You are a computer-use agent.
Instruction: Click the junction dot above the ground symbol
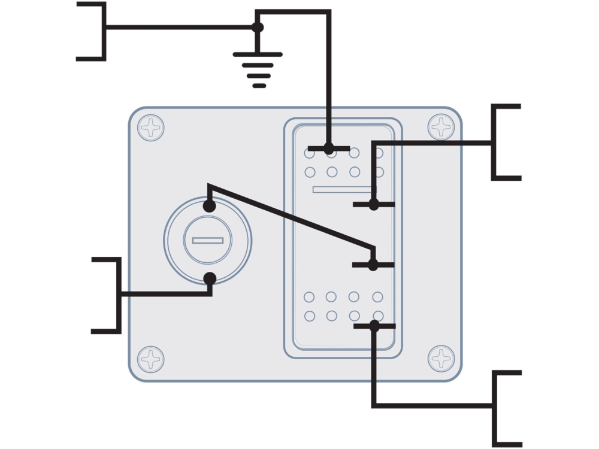click(258, 27)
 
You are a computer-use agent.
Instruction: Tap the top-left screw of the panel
click(151, 128)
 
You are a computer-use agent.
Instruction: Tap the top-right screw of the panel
click(441, 127)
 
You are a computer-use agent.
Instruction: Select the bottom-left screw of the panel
click(151, 359)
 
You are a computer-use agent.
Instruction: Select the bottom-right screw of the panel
click(441, 358)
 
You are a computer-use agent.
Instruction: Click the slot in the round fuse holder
click(208, 241)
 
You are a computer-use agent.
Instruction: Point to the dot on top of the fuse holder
click(209, 206)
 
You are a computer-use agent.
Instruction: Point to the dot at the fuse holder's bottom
click(210, 278)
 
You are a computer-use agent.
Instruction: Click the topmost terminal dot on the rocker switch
click(329, 148)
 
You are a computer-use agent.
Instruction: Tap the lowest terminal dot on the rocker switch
click(374, 326)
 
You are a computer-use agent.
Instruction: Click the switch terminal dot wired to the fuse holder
click(373, 265)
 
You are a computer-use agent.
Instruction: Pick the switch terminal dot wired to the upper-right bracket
click(374, 205)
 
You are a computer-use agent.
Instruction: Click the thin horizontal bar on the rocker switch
click(341, 190)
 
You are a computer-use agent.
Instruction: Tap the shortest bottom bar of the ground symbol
click(259, 86)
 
